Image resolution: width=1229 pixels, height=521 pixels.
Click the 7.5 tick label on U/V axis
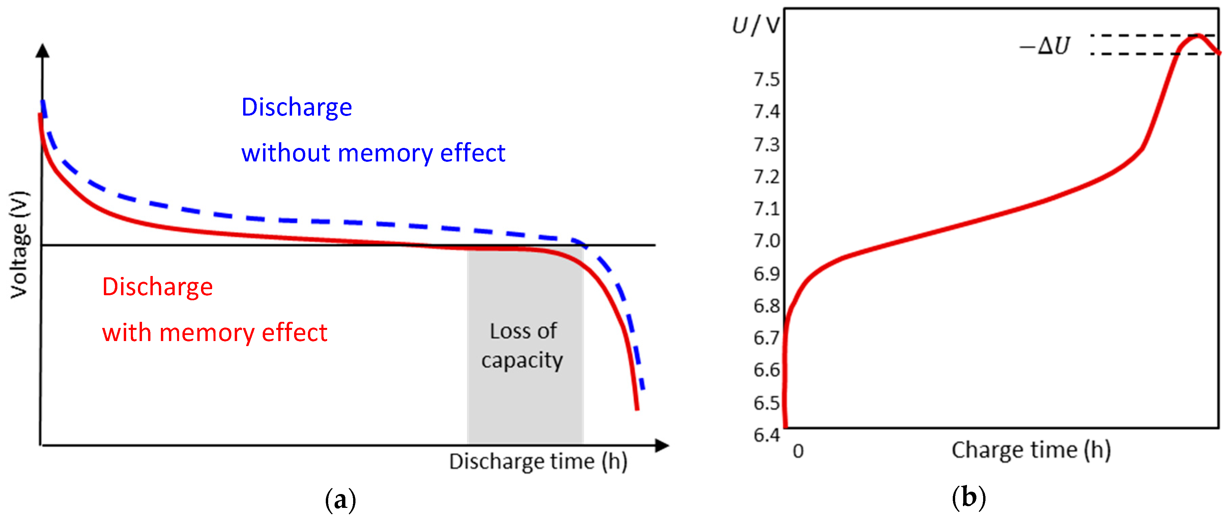tap(766, 80)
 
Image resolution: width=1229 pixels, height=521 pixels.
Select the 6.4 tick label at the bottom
tap(766, 435)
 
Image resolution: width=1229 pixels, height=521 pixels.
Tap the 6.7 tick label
tap(766, 338)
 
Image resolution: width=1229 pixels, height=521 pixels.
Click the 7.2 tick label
tap(766, 177)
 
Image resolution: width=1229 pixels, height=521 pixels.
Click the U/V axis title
tap(756, 25)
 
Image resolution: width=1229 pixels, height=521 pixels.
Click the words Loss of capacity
tap(523, 345)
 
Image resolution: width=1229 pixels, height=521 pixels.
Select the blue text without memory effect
tap(373, 153)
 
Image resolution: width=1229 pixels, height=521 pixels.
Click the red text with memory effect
tap(215, 333)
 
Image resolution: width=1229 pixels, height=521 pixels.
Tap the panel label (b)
tap(969, 498)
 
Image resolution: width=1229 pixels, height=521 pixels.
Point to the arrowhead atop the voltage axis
tap(42, 51)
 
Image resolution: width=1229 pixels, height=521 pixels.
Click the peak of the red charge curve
tap(1198, 35)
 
